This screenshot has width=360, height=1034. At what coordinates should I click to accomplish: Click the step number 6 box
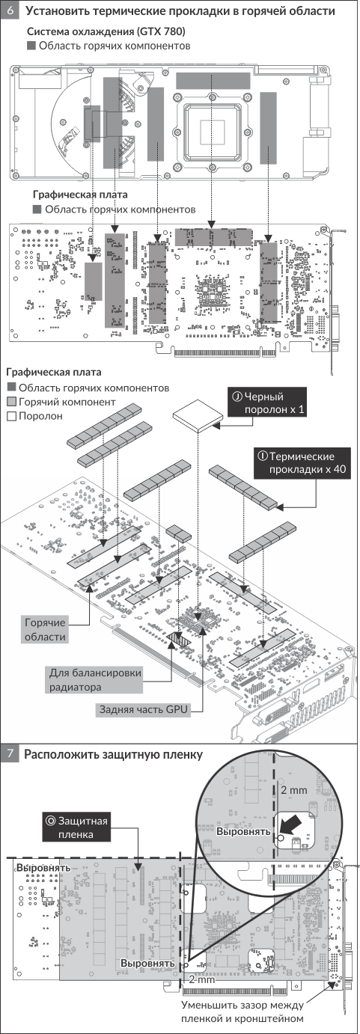10,10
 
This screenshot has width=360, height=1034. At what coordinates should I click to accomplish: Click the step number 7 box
10,755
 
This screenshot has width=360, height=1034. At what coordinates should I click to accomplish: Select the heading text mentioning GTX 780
106,32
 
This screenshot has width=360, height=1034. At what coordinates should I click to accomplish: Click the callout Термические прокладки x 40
300,462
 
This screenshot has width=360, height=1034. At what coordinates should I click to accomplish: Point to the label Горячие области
45,630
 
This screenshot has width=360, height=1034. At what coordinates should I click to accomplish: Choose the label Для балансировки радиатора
95,679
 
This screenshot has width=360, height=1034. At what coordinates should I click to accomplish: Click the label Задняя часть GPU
144,709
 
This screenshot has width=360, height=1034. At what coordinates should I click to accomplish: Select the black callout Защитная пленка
76,827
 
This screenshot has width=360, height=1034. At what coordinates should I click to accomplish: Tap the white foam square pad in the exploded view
198,415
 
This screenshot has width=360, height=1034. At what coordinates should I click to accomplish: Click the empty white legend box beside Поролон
12,417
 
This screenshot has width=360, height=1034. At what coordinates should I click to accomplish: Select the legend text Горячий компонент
67,402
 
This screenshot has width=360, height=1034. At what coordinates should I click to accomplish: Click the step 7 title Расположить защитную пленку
114,755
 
